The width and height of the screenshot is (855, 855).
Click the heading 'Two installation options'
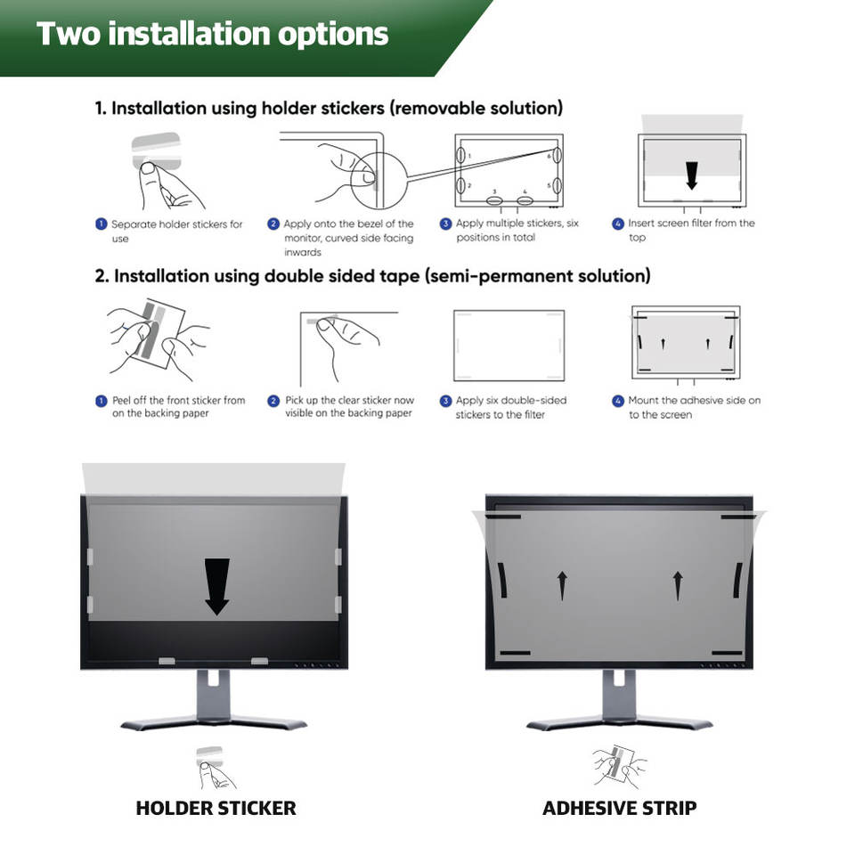(x=213, y=34)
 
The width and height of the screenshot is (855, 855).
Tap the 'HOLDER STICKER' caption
(x=216, y=809)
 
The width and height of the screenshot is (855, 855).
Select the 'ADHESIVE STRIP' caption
(x=619, y=809)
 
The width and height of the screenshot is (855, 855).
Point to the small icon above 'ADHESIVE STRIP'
(x=619, y=765)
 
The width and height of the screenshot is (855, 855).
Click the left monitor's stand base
(x=214, y=720)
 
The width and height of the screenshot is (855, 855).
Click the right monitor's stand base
(x=619, y=720)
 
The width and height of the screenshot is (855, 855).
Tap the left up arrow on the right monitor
(x=562, y=585)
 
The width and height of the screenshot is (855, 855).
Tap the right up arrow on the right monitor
(x=678, y=585)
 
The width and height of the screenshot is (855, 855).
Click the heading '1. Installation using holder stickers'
(x=329, y=109)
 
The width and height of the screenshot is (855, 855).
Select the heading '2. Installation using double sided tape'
(x=372, y=276)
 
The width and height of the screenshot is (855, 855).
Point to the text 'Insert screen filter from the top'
(x=690, y=230)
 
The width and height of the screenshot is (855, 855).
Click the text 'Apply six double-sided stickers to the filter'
(x=510, y=407)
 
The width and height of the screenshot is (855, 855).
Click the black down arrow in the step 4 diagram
(x=691, y=175)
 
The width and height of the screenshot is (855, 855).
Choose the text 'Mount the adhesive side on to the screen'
(x=694, y=407)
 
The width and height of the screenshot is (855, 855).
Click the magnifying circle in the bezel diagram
(x=379, y=175)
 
